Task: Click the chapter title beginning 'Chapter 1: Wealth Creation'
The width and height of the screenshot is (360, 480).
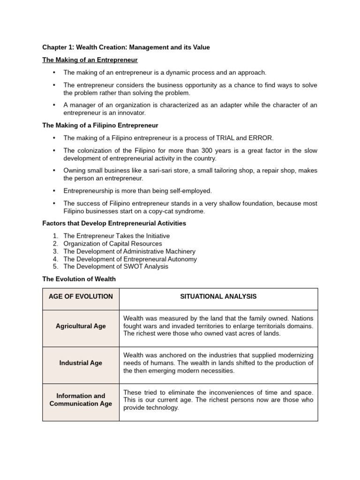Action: click(x=126, y=47)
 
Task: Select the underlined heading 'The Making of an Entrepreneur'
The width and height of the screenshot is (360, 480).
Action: click(x=90, y=60)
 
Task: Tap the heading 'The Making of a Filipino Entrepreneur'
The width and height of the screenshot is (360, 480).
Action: click(x=100, y=125)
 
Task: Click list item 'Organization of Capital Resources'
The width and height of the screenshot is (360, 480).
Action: click(x=112, y=244)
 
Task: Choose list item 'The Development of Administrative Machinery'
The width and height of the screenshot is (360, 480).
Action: click(x=129, y=251)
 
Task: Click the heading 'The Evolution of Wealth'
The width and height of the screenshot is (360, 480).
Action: click(x=79, y=279)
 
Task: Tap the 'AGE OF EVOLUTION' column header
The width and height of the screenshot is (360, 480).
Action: click(x=81, y=296)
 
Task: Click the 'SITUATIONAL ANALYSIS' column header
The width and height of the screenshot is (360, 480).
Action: click(x=218, y=296)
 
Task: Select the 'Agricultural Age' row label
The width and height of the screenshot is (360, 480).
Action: click(x=81, y=326)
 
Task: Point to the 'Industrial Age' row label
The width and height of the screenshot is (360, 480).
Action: click(x=81, y=363)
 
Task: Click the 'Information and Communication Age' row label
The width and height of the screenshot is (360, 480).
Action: click(x=81, y=399)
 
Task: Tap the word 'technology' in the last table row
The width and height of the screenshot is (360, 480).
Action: click(x=163, y=407)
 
